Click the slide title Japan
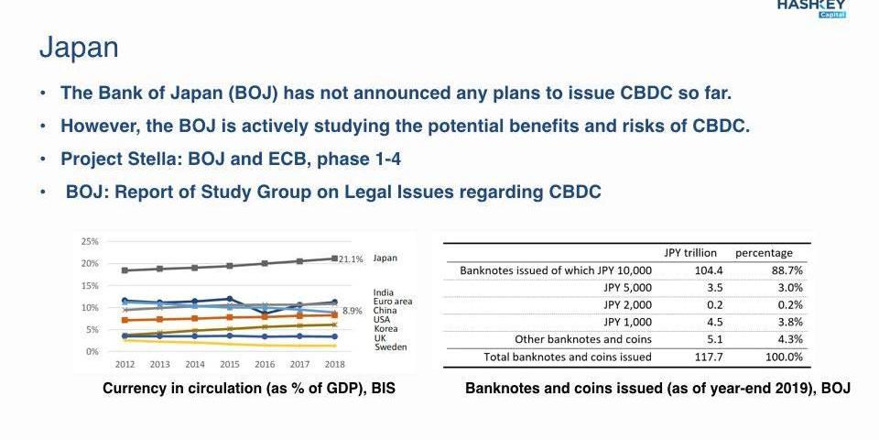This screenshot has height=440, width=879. click(x=79, y=48)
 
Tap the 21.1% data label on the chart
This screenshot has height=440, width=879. click(x=351, y=259)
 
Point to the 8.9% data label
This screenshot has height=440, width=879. click(x=353, y=312)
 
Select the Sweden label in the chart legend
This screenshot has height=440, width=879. click(x=391, y=347)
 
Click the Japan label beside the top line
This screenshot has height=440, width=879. click(x=385, y=258)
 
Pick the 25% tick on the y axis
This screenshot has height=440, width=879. click(x=90, y=242)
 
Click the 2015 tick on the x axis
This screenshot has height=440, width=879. click(x=230, y=364)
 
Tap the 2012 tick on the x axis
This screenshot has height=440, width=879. click(x=125, y=364)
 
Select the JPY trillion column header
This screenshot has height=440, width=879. click(x=690, y=253)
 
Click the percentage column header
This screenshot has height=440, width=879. click(x=765, y=253)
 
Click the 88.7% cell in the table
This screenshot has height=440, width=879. click(x=787, y=270)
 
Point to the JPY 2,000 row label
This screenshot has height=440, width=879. click(x=628, y=304)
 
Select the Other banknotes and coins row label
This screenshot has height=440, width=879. click(x=583, y=339)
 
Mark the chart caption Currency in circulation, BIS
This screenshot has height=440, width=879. click(x=249, y=389)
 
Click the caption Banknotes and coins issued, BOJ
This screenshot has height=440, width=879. click(x=657, y=389)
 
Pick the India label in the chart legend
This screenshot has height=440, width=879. click(x=384, y=293)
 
